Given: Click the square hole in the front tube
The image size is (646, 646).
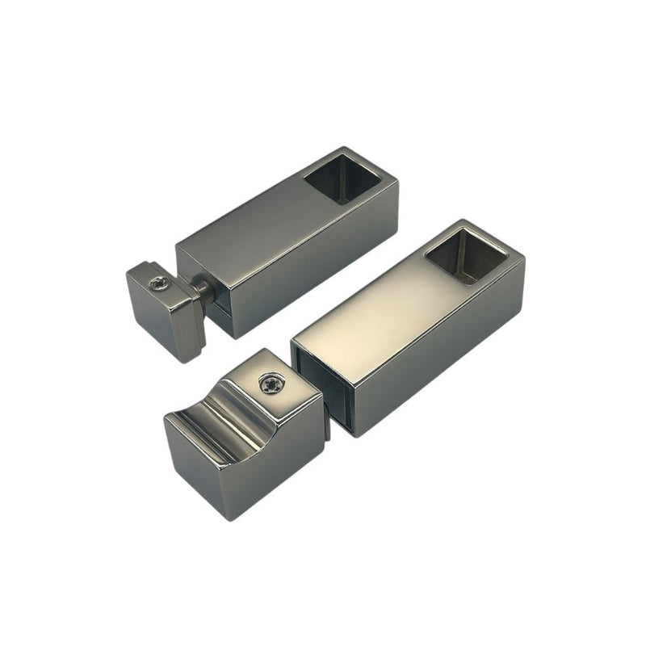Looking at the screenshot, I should point(466,253).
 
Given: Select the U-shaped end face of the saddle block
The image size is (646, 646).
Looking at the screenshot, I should point(194,468).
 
